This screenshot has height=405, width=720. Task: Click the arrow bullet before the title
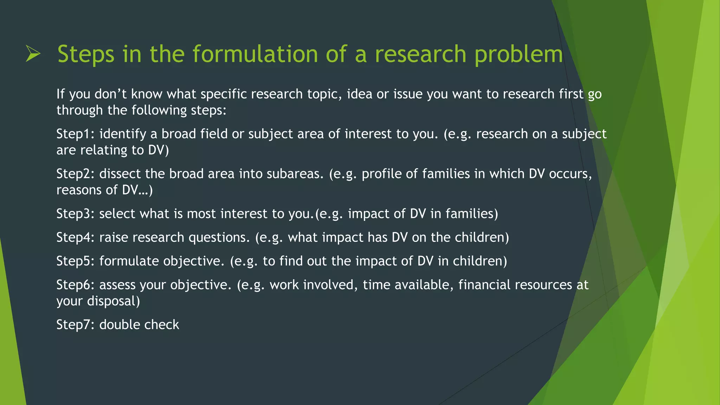(x=33, y=54)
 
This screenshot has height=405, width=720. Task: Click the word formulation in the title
(x=255, y=54)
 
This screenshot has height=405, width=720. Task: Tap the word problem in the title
(x=518, y=55)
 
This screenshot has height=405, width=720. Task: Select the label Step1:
(x=76, y=134)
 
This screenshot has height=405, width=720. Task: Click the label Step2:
(x=76, y=174)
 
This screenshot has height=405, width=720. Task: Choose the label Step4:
(x=76, y=238)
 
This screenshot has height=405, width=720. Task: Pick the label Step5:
(x=76, y=261)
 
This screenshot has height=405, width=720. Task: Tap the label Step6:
(x=76, y=285)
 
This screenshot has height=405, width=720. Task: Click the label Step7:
(x=76, y=324)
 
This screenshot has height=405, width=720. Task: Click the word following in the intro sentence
(x=159, y=110)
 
